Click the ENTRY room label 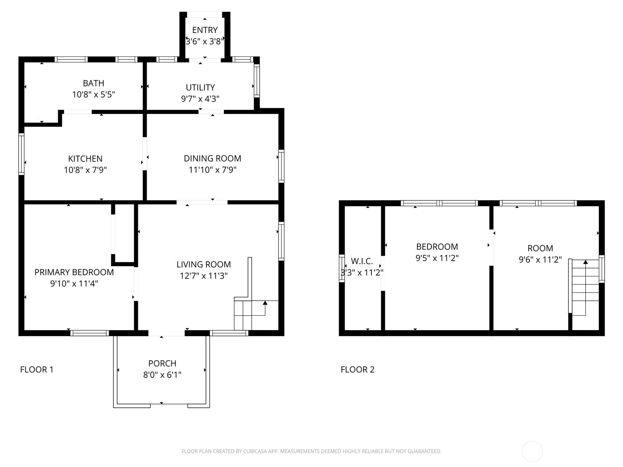point(205,30)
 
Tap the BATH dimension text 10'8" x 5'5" point(93,94)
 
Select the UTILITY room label point(200,87)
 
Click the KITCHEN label point(85,158)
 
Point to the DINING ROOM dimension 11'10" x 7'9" point(212,170)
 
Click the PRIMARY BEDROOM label point(74,272)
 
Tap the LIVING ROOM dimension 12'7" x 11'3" point(204,276)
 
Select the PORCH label point(162,363)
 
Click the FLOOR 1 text point(37,369)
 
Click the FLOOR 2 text point(357,369)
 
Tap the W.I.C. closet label point(362,261)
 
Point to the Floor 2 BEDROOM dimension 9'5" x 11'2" point(437,258)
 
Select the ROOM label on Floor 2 point(540,248)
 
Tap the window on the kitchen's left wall point(21,154)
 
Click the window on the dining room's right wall point(281,165)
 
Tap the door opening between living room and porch point(166,333)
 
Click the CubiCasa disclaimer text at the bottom point(311,451)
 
